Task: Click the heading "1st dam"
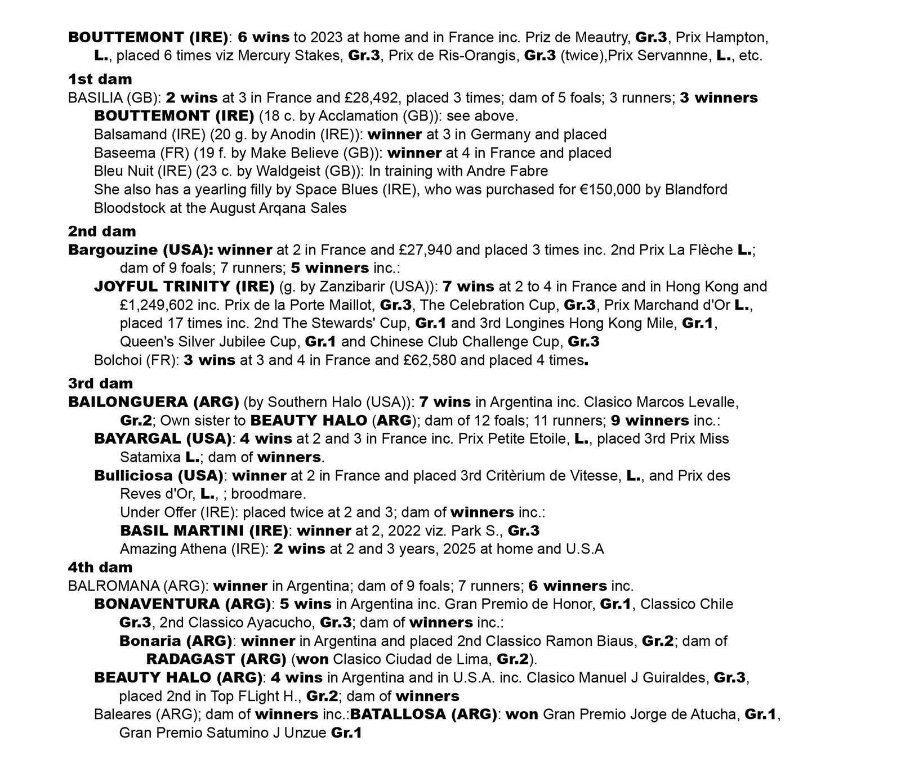(x=100, y=79)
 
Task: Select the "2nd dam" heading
(x=102, y=231)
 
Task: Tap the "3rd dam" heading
(x=100, y=383)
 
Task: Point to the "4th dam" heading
(x=100, y=567)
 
